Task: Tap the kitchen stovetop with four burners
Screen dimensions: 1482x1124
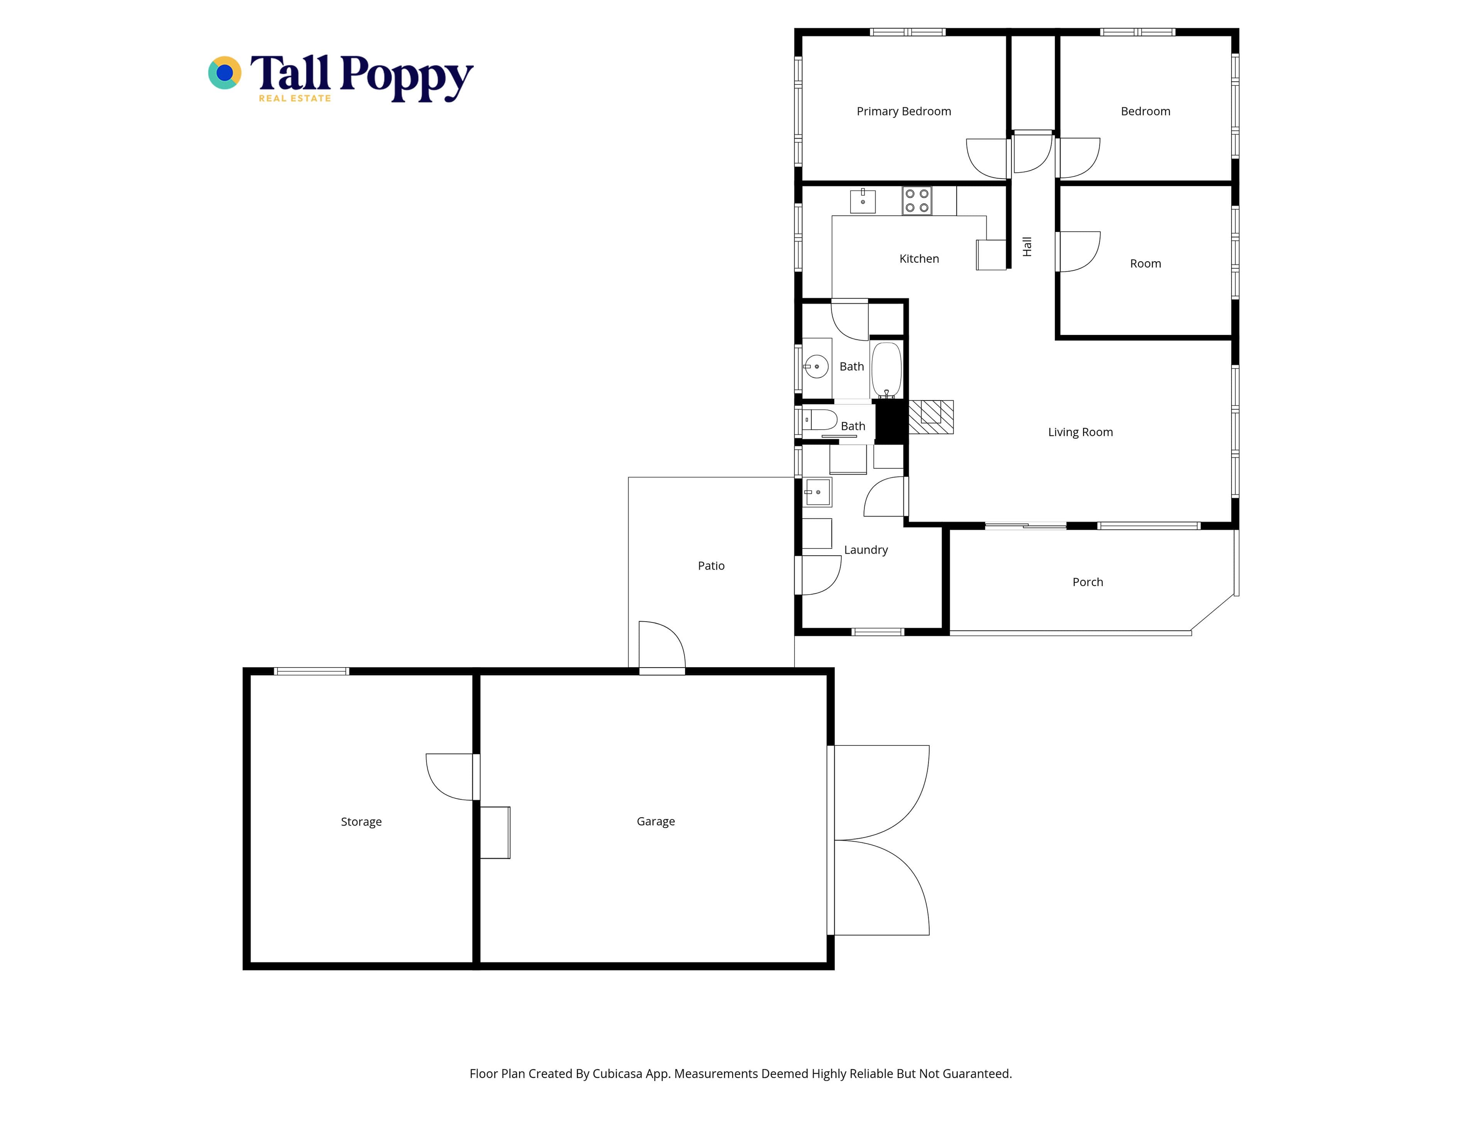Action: click(917, 200)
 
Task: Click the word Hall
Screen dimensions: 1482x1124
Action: click(1027, 247)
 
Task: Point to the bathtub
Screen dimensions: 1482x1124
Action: click(886, 370)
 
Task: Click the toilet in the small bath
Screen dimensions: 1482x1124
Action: click(819, 420)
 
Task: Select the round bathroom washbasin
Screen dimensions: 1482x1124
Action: click(816, 367)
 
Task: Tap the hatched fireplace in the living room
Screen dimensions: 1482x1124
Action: click(930, 417)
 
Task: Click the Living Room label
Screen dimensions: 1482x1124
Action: click(1080, 432)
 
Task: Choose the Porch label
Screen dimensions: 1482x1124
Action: click(1088, 582)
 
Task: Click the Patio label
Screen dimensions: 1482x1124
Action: click(711, 566)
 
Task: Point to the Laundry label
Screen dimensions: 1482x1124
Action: click(866, 550)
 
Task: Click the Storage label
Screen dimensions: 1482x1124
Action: click(361, 822)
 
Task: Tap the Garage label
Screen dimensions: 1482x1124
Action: click(655, 821)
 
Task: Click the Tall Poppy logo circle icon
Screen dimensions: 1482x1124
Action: click(225, 72)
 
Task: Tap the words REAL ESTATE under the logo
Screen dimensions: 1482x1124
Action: click(295, 98)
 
